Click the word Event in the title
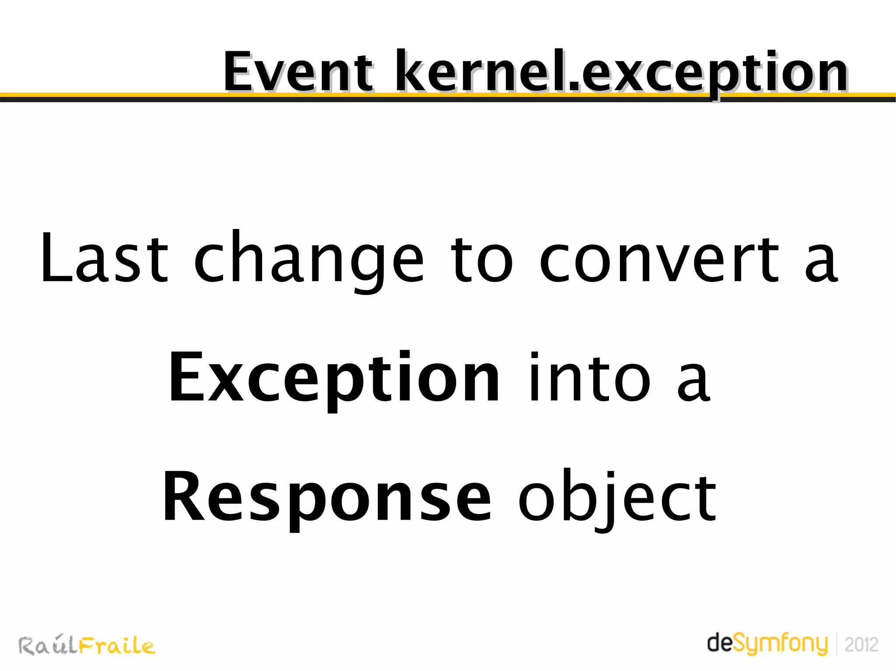299,72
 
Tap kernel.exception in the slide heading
621,72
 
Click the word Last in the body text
104,258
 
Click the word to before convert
481,258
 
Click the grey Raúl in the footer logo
47,645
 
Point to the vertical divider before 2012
836,643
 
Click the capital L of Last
56,258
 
